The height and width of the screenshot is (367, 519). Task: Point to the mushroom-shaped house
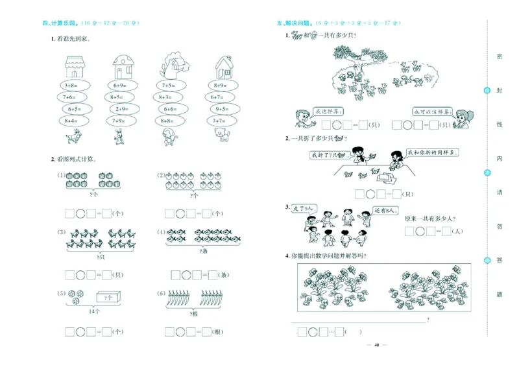[123, 67]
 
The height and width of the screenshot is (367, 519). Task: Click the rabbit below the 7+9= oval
[120, 135]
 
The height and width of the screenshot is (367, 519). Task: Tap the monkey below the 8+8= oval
[170, 135]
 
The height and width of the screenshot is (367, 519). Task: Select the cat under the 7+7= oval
[223, 134]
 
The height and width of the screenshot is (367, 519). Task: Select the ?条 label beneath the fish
[204, 250]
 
